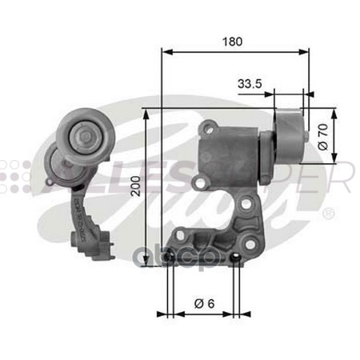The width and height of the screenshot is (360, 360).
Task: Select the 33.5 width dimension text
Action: (250, 82)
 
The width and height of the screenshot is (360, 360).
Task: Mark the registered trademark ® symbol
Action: (328, 214)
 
